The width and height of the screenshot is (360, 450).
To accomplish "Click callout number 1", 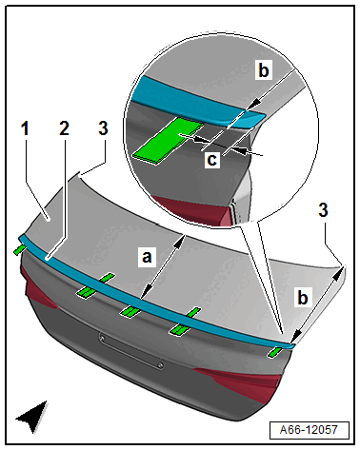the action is [x=25, y=128].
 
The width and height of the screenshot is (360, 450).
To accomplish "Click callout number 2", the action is [x=64, y=128].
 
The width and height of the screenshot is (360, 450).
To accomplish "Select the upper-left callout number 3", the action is [x=103, y=128].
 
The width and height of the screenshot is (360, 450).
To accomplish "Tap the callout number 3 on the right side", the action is [x=323, y=210].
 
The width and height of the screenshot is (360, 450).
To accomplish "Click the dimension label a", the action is [x=147, y=256].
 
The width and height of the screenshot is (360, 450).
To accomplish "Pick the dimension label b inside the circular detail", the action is [x=264, y=69].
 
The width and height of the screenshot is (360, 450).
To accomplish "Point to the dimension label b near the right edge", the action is [x=303, y=298].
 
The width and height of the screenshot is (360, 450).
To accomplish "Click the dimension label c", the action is [x=211, y=159].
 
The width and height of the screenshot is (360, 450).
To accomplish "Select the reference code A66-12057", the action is [x=309, y=430].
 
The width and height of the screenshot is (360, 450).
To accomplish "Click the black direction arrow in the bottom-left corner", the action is [x=33, y=417].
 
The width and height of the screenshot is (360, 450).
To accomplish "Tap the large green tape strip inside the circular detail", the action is [x=168, y=140].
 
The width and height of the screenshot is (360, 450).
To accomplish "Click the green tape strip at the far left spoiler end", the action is [x=19, y=249].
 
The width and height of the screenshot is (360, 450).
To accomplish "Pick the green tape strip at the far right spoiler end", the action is [x=274, y=352].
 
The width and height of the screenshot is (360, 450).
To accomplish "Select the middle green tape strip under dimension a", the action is [x=130, y=312].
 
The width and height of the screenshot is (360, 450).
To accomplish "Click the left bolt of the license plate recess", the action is [x=102, y=339].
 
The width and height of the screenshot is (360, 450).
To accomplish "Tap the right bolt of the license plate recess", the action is [x=161, y=365].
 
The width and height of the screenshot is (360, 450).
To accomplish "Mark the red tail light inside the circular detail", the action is [x=190, y=209].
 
